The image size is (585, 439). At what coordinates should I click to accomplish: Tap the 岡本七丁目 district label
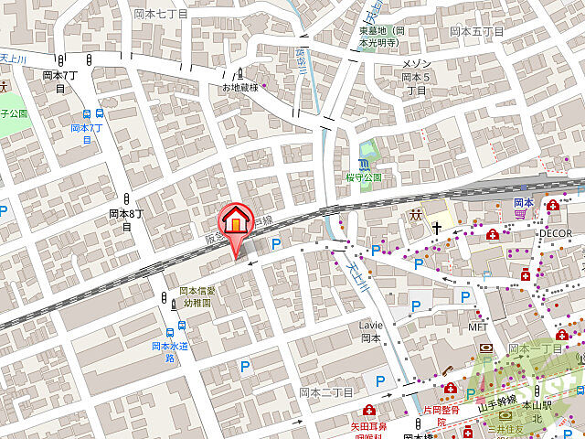[x=160, y=14]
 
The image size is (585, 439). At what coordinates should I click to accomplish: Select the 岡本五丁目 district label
[x=476, y=31]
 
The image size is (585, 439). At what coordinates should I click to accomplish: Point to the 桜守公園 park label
[x=364, y=177]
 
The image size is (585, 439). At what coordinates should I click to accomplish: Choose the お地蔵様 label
[x=240, y=87]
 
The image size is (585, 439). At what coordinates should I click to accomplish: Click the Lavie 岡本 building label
[x=370, y=331]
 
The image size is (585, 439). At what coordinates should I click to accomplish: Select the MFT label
[x=478, y=326]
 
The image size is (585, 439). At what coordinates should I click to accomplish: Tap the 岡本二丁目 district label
[x=326, y=391]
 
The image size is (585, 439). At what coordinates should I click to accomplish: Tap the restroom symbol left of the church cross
[x=415, y=216]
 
